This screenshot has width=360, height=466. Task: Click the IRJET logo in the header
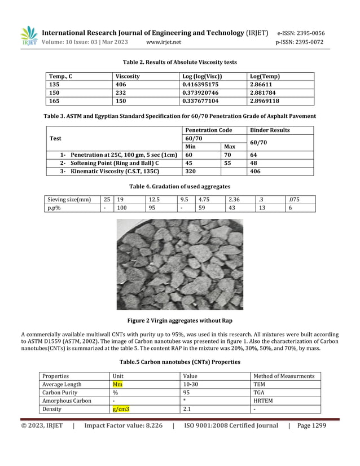click(29, 36)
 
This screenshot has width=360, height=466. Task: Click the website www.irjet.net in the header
click(163, 42)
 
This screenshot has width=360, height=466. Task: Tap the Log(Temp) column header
click(264, 76)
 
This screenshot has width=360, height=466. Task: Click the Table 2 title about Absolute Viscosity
click(179, 62)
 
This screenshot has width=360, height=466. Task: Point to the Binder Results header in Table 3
click(270, 130)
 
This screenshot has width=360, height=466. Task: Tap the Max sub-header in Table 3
click(230, 147)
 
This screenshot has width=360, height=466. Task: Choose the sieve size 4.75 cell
click(204, 199)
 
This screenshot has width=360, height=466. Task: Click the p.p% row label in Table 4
click(54, 208)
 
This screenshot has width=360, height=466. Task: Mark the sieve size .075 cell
click(293, 199)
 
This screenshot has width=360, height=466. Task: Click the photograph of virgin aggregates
click(179, 265)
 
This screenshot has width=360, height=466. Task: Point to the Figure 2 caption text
click(179, 320)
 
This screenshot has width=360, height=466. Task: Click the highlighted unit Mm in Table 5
click(117, 384)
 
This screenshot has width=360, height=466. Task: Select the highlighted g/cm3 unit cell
click(120, 409)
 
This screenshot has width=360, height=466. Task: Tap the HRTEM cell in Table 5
click(264, 401)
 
